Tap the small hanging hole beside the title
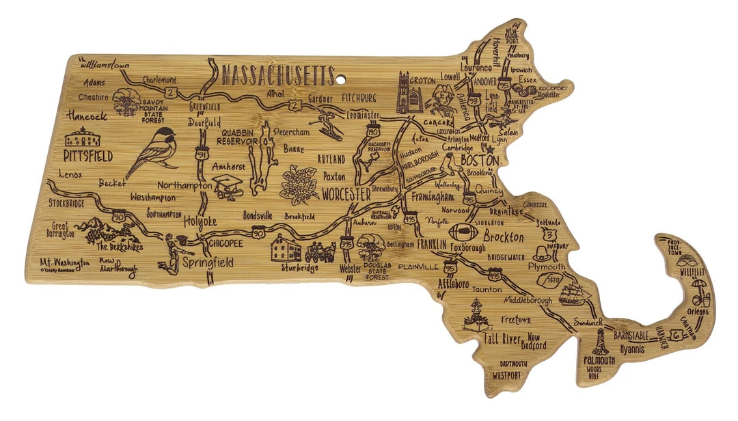(340, 79)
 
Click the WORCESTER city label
(346, 195)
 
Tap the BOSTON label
(480, 160)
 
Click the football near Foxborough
(459, 231)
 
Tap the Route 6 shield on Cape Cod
(676, 335)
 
